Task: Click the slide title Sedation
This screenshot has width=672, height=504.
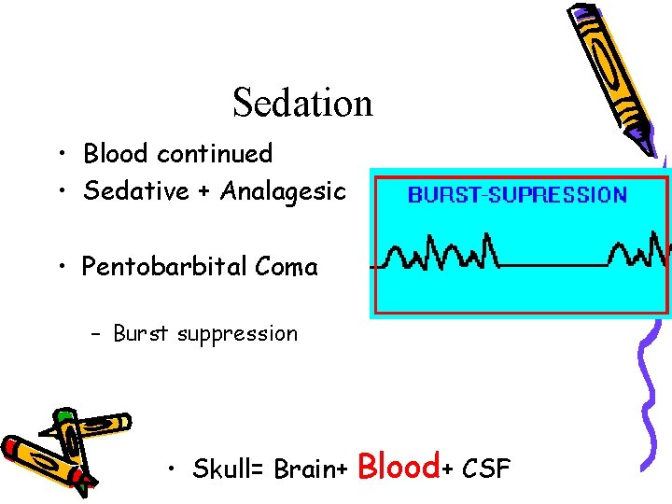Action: pos(302,103)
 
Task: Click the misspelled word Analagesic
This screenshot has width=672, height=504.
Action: pos(283,192)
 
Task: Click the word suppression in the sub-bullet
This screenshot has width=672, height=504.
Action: pos(239,333)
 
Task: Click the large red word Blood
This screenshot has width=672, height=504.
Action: pos(399,465)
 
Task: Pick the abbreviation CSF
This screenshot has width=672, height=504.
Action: pos(487,469)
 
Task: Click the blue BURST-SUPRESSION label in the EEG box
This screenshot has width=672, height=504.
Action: pos(517,195)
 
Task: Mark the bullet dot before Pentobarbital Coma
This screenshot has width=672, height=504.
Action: pos(60,268)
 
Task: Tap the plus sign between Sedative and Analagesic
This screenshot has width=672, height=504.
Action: pos(204,192)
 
